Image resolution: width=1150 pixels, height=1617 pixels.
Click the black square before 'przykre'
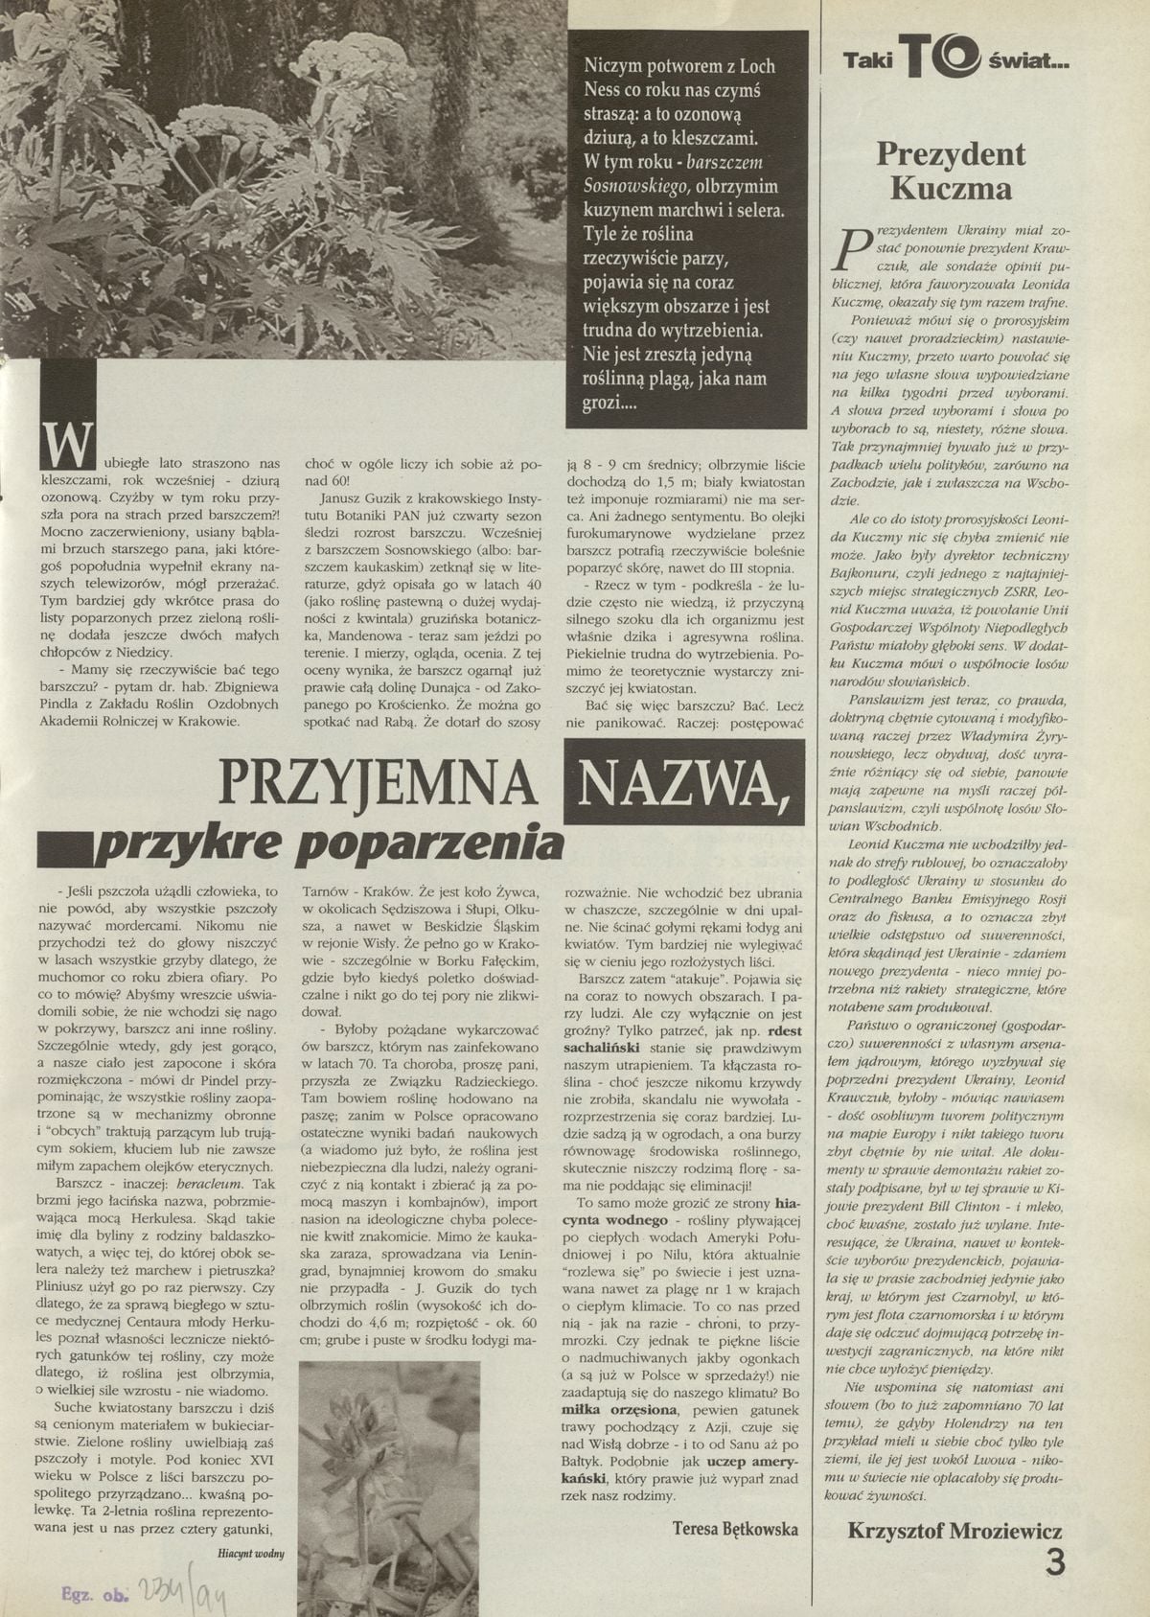pyautogui.click(x=61, y=847)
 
